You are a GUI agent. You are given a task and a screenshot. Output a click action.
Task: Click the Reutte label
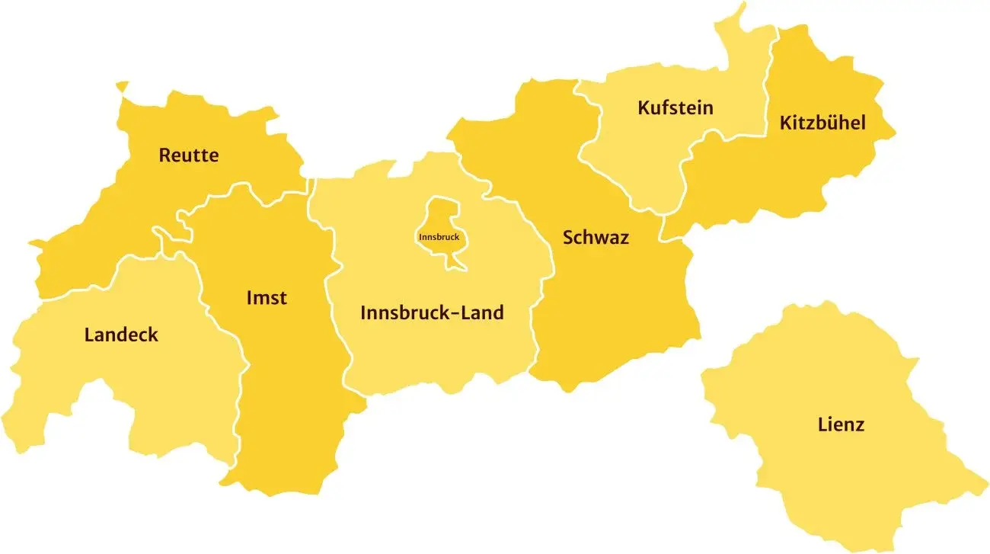pos(188,155)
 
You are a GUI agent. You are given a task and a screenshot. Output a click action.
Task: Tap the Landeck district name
pos(121,335)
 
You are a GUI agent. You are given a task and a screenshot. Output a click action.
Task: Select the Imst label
pos(267,297)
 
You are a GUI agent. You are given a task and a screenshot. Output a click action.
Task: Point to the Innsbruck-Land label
pos(432,312)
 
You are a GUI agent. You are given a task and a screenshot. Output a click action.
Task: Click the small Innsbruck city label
pos(439,237)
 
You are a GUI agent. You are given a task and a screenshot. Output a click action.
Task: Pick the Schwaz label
pos(596,237)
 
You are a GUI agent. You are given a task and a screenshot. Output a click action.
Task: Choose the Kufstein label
pos(675,107)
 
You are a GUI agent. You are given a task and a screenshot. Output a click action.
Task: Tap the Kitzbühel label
pos(822,123)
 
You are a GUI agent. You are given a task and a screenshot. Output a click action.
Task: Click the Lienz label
pos(841,424)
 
